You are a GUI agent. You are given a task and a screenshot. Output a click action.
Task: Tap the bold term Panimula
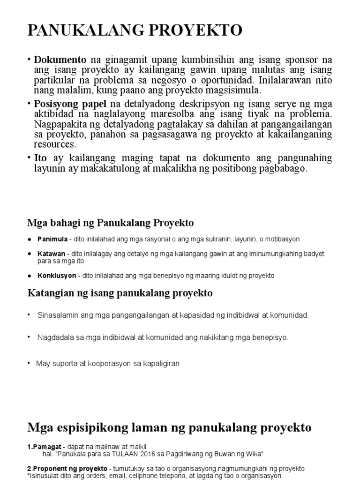[52, 239]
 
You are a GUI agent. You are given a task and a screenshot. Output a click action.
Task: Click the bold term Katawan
[51, 254]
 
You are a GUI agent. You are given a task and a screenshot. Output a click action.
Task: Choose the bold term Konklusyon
[56, 276]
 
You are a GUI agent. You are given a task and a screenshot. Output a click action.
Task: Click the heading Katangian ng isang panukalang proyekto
[120, 293]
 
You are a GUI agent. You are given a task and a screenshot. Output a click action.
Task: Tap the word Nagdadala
[55, 337]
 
